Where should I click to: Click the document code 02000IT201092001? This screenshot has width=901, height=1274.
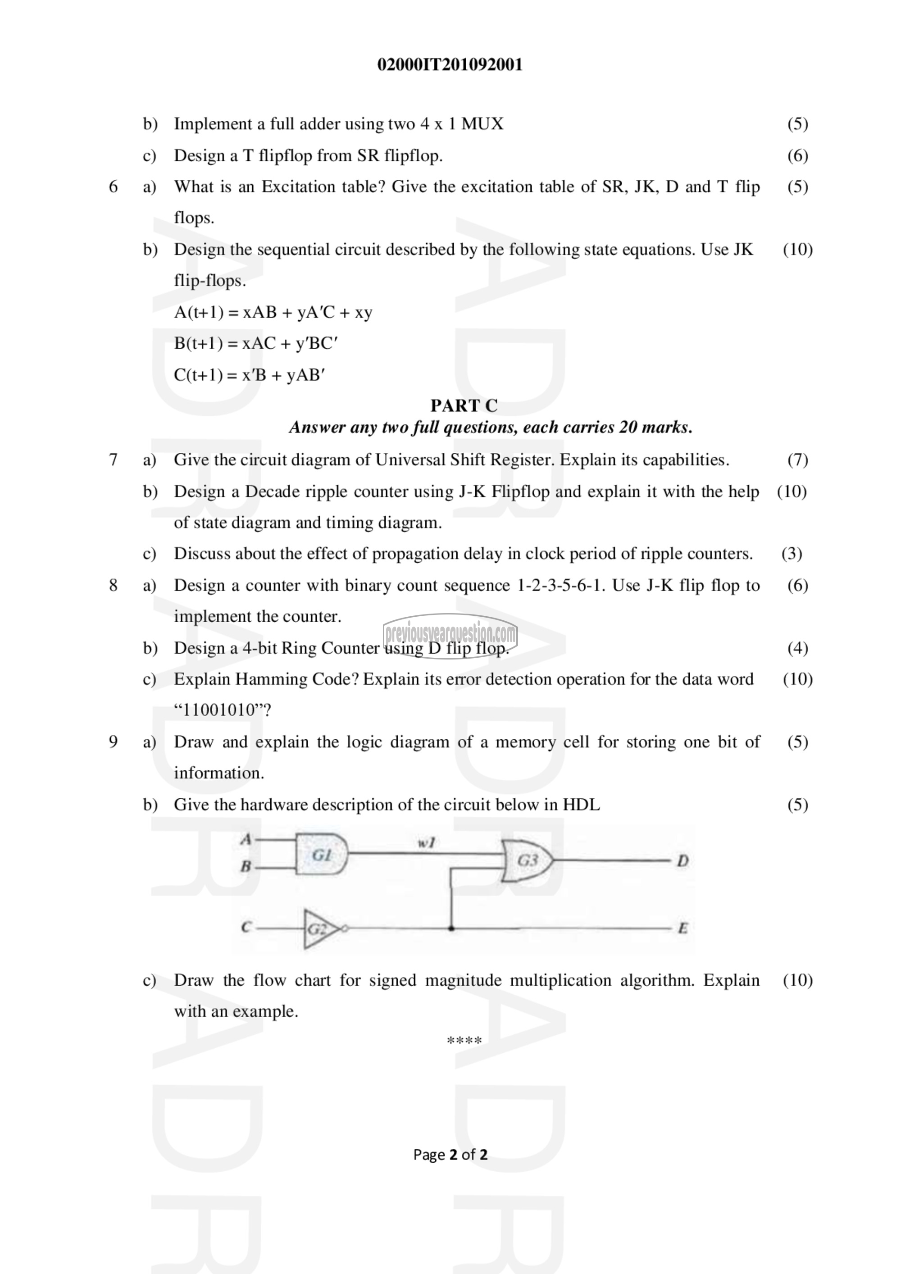[x=450, y=65]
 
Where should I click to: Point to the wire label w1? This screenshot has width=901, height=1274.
[x=426, y=843]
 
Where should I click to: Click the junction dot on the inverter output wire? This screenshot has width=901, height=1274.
[x=451, y=928]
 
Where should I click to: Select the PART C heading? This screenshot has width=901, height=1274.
[x=464, y=405]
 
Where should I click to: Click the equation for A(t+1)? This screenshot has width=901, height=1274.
[x=273, y=312]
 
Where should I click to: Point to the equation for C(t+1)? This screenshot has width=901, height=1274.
[x=249, y=375]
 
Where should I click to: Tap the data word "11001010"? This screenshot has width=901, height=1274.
[x=222, y=710]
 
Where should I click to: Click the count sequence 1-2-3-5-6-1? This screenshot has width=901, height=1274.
[x=560, y=585]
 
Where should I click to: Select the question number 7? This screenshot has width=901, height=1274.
[x=113, y=460]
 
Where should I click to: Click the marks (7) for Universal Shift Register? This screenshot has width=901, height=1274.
[x=797, y=460]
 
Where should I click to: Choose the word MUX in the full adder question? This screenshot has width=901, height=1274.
[x=482, y=124]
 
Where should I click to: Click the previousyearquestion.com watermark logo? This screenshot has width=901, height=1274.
[x=450, y=634]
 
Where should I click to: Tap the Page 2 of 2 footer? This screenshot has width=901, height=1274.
[x=450, y=1155]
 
